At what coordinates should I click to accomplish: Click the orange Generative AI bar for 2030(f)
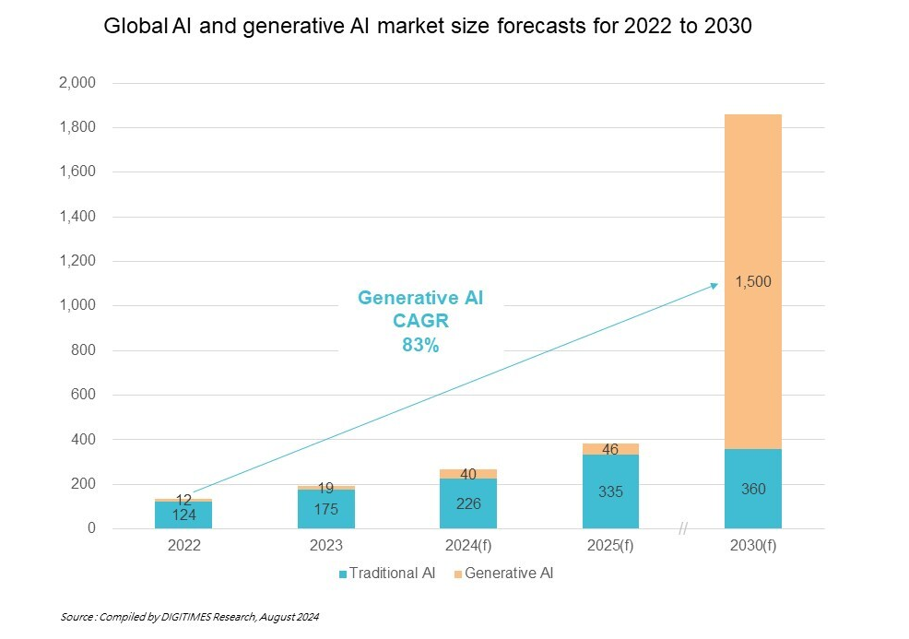[753, 231]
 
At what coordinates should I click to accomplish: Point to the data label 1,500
[753, 282]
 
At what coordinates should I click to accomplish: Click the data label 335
[610, 491]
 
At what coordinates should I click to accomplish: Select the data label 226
[468, 503]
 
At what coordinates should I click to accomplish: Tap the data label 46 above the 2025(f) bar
[610, 450]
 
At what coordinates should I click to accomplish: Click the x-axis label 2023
[326, 546]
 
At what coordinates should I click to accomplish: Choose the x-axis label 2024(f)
[468, 546]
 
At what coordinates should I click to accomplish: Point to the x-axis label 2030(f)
[753, 546]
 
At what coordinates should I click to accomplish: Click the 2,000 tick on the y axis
[77, 83]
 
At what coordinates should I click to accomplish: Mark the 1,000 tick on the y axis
[77, 306]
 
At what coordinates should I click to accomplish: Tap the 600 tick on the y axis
[83, 396]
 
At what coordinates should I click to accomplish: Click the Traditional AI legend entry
[387, 574]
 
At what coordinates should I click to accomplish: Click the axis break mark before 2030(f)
[683, 528]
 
